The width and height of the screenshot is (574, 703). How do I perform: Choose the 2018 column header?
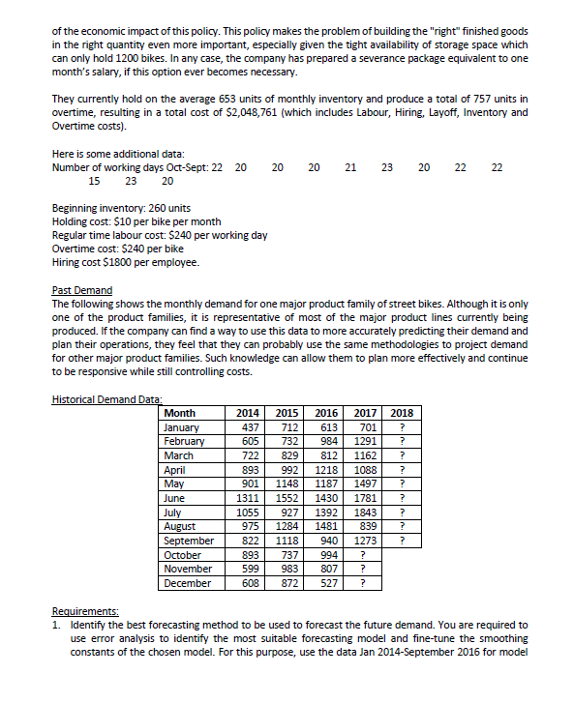pos(402,414)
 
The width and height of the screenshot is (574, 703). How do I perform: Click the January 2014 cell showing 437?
pos(252,427)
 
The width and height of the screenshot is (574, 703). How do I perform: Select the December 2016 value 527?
pos(329,583)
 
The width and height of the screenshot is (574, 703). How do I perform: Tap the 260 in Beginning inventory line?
pos(141,208)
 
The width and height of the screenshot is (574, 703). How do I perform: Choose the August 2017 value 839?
pos(366,527)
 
